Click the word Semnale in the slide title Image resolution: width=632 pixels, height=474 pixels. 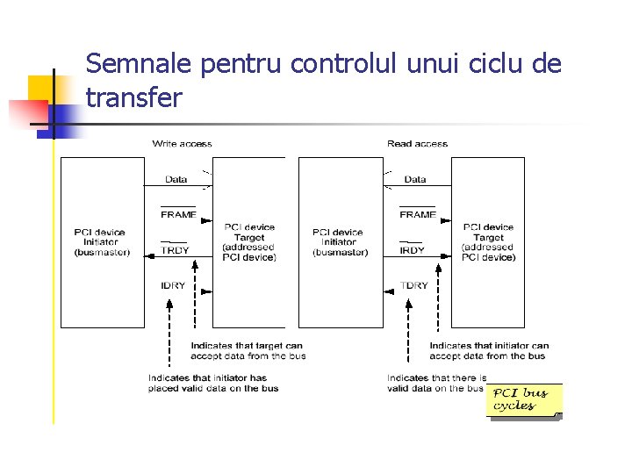tap(140, 64)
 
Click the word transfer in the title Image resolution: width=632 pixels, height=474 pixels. tap(134, 97)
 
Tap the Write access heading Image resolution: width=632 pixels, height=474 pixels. tap(182, 143)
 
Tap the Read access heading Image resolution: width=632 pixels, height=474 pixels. tap(417, 143)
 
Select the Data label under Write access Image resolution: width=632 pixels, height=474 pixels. tap(176, 179)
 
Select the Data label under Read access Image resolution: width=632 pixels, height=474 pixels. tap(415, 179)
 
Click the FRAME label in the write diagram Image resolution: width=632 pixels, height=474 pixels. tap(178, 214)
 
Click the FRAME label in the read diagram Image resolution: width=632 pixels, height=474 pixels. tap(417, 214)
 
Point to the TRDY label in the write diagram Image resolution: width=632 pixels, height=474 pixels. tap(175, 250)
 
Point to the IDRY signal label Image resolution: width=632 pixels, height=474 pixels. tap(173, 285)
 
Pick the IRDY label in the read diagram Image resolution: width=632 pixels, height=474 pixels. tap(413, 250)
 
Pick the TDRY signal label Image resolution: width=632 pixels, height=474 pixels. tap(414, 285)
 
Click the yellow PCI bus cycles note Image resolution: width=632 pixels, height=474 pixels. tap(523, 399)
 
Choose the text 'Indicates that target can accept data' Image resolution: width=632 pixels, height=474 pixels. tap(248, 350)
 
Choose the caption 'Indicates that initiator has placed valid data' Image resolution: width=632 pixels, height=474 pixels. tap(213, 383)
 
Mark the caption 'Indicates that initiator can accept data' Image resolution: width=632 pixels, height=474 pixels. tap(488, 350)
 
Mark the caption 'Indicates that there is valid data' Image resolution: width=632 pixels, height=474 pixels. tap(436, 383)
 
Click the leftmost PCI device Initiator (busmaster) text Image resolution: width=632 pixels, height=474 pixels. tap(102, 242)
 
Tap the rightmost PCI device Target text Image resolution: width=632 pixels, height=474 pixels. tap(488, 242)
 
